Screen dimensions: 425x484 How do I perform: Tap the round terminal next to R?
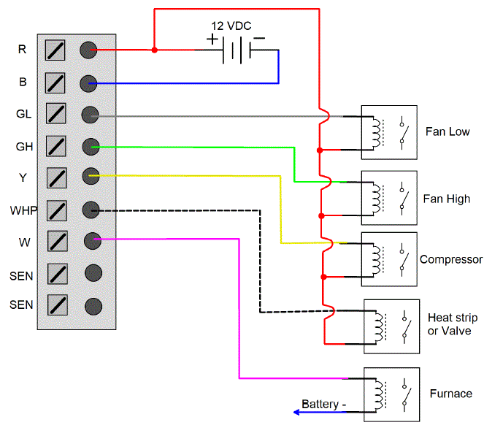pyautogui.click(x=89, y=50)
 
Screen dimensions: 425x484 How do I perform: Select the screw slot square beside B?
pyautogui.click(x=56, y=82)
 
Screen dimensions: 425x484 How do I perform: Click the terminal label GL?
pyautogui.click(x=23, y=114)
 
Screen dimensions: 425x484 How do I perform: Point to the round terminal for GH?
pyautogui.click(x=91, y=146)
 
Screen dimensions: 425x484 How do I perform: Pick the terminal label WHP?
pyautogui.click(x=23, y=210)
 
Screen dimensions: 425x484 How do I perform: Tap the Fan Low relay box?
pyautogui.click(x=390, y=131)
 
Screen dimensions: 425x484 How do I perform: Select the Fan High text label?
pyautogui.click(x=447, y=199)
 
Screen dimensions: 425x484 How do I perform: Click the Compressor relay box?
pyautogui.click(x=390, y=259)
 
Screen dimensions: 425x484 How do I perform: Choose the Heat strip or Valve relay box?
pyautogui.click(x=392, y=326)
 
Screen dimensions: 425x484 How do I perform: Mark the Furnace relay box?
pyautogui.click(x=392, y=394)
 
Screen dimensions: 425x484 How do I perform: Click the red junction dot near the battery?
pyautogui.click(x=154, y=50)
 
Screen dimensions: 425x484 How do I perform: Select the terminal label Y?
pyautogui.click(x=23, y=178)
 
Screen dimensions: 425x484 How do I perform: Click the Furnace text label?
pyautogui.click(x=450, y=394)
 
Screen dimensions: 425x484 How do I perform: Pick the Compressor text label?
pyautogui.click(x=451, y=259)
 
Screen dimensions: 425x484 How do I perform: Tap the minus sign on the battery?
pyautogui.click(x=260, y=38)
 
